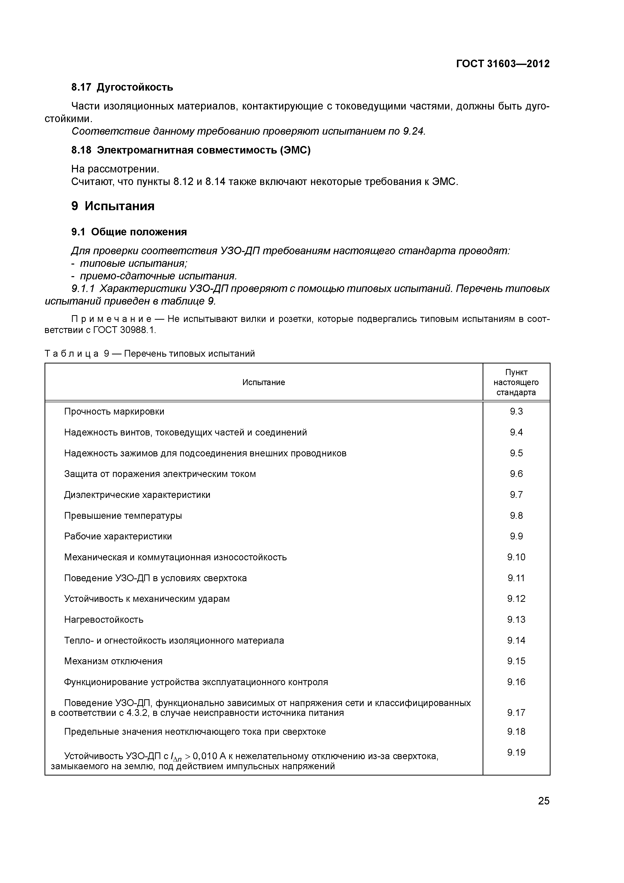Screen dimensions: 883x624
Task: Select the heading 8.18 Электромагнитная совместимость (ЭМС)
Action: pyautogui.click(x=191, y=150)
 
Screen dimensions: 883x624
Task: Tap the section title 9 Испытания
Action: pyautogui.click(x=113, y=206)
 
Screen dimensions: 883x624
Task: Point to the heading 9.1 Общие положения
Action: pyautogui.click(x=129, y=232)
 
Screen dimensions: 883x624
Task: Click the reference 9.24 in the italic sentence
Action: pyautogui.click(x=413, y=132)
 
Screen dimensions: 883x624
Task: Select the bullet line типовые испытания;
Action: pyautogui.click(x=133, y=264)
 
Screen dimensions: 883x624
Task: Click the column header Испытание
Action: pyautogui.click(x=263, y=382)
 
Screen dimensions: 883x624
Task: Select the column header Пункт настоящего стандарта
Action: pyautogui.click(x=516, y=382)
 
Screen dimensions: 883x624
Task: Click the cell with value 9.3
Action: pyautogui.click(x=516, y=412)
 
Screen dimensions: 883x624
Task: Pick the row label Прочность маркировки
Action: pyautogui.click(x=114, y=412)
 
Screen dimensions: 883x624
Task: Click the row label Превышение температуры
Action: pyautogui.click(x=123, y=516)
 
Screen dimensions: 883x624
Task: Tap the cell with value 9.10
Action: pyautogui.click(x=516, y=557)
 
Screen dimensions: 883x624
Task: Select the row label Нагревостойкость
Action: pyautogui.click(x=104, y=619)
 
